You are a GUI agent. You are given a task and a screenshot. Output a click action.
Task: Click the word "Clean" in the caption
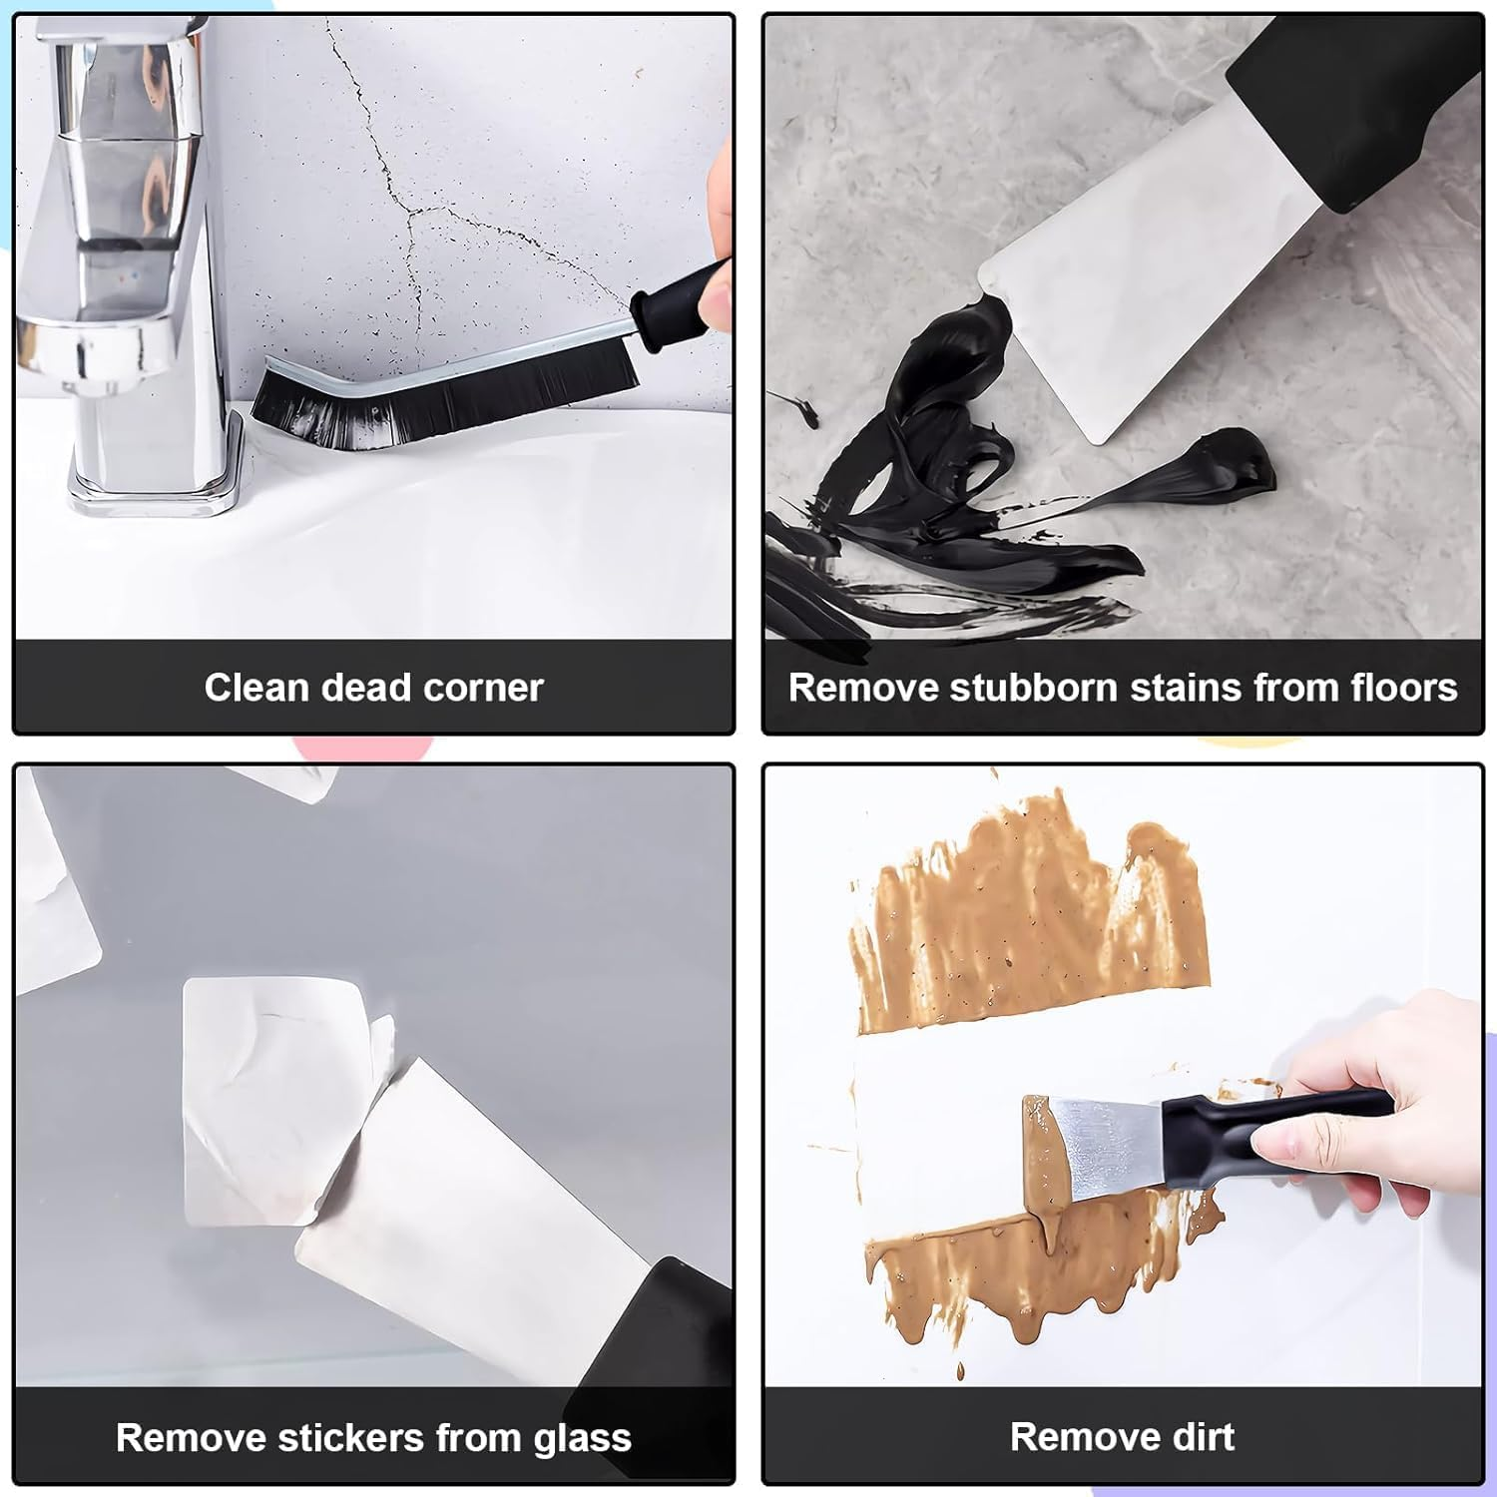(x=256, y=688)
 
